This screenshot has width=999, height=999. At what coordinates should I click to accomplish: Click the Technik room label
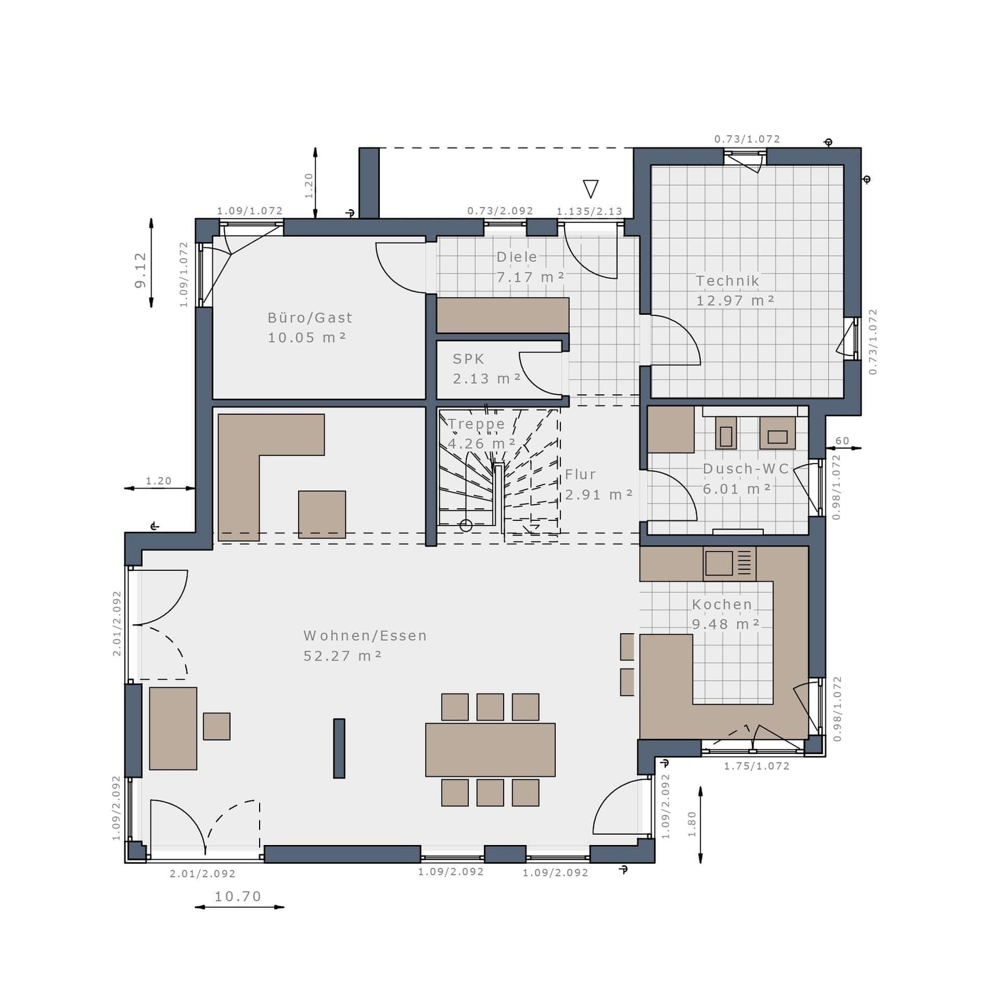click(728, 281)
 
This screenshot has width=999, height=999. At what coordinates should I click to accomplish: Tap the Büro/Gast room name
click(310, 318)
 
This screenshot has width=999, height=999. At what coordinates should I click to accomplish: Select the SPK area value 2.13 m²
click(487, 379)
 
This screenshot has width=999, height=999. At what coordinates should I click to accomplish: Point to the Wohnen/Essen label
click(365, 635)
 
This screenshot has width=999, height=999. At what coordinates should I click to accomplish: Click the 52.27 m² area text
click(343, 656)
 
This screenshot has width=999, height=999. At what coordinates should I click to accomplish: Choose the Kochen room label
click(722, 604)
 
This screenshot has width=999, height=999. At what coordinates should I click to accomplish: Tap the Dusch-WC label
click(746, 469)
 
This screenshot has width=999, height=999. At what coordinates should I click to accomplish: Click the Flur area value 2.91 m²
click(599, 495)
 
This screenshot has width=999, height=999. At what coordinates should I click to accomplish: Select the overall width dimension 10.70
click(238, 896)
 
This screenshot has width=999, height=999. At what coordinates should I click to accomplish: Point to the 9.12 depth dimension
click(140, 270)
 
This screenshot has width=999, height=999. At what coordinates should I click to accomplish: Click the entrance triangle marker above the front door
click(591, 188)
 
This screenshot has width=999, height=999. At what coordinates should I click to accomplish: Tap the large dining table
click(490, 750)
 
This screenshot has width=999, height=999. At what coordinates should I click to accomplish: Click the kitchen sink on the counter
click(719, 563)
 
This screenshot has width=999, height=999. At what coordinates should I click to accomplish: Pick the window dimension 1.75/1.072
click(757, 766)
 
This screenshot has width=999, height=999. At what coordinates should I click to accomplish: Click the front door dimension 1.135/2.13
click(590, 211)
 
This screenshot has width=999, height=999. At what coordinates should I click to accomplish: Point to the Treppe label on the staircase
click(476, 424)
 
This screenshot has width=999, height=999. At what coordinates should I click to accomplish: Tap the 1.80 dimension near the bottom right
click(692, 824)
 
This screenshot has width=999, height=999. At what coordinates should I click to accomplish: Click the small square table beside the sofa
click(217, 726)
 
